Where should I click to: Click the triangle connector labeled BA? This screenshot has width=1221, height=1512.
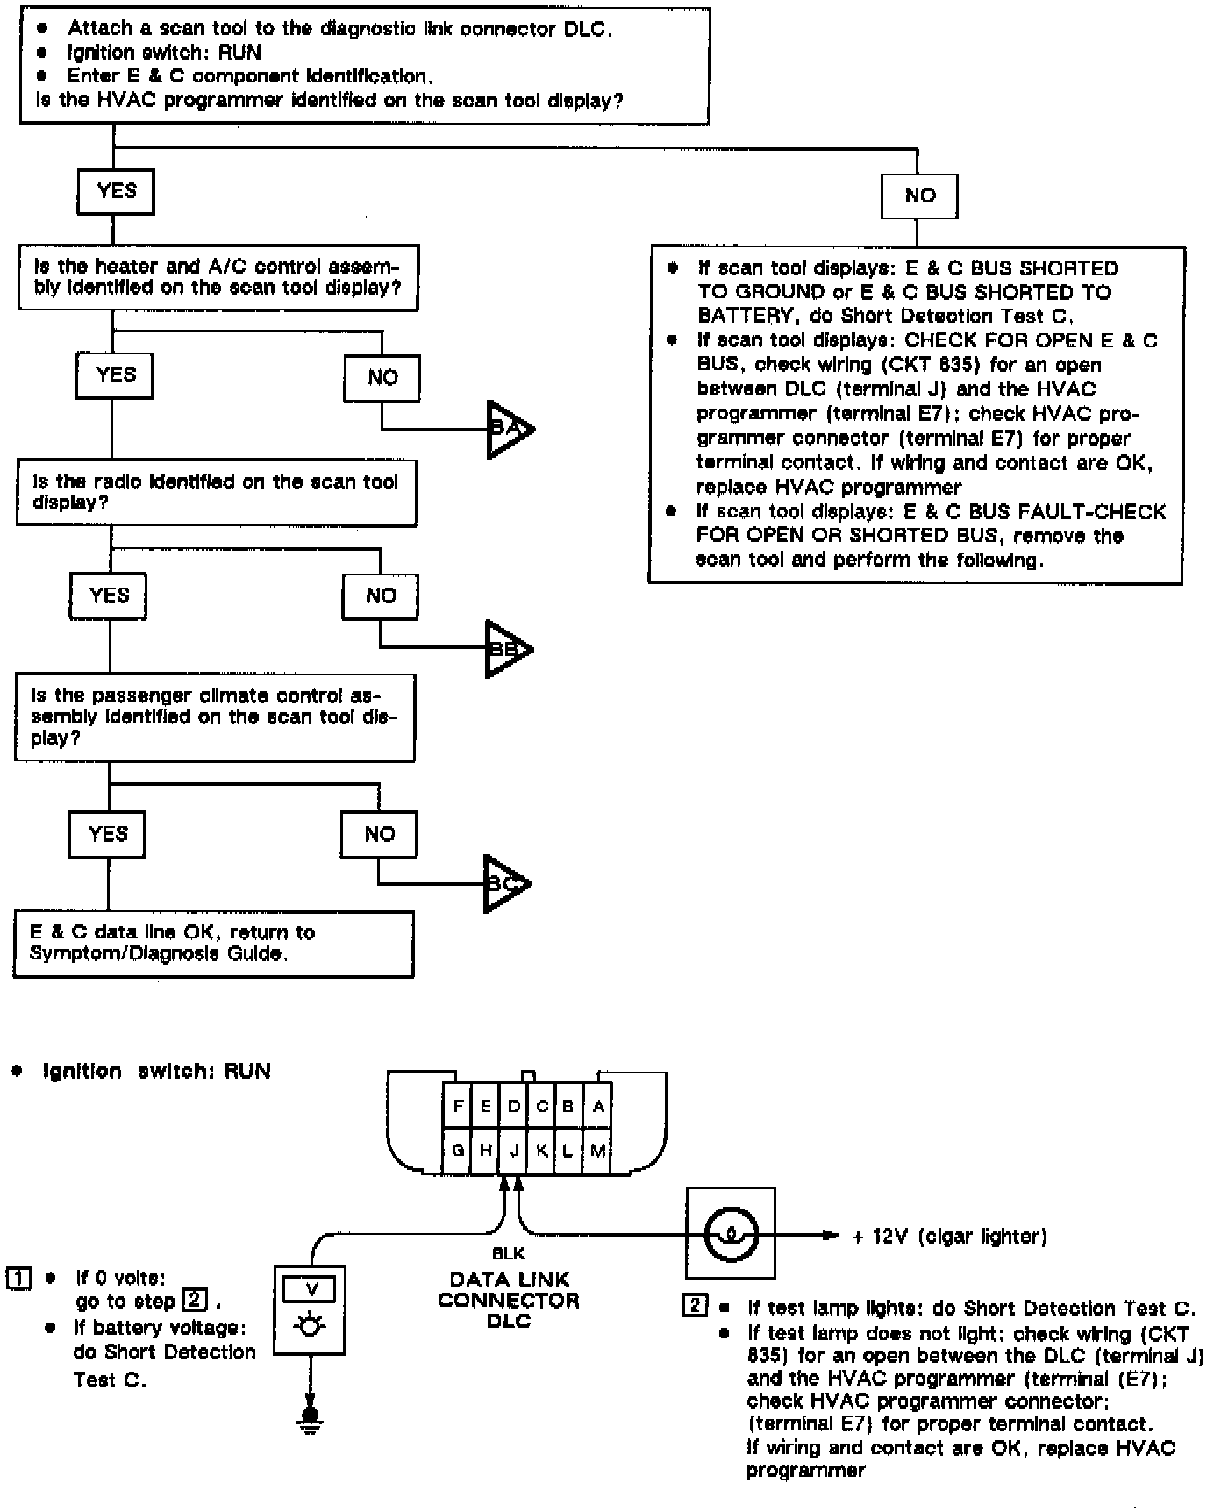click(x=508, y=429)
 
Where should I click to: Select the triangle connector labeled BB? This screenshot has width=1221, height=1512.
click(x=506, y=649)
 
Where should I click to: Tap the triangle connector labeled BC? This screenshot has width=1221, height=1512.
click(x=504, y=883)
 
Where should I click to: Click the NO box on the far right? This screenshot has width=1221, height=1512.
click(x=919, y=196)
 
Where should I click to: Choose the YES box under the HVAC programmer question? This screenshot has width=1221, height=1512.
click(x=116, y=191)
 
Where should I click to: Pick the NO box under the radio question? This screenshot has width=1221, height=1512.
click(x=380, y=596)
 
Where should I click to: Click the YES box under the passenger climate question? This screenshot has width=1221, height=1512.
click(x=107, y=833)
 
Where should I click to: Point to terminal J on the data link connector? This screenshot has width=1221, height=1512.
click(x=513, y=1150)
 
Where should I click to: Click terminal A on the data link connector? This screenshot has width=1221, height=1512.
click(x=597, y=1107)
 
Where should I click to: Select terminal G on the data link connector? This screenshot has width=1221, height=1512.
click(x=457, y=1150)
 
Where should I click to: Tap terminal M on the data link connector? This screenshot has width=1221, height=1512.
click(x=597, y=1150)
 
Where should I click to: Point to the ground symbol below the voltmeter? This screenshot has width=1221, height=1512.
click(x=309, y=1414)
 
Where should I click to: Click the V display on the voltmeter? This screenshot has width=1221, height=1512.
click(x=310, y=1289)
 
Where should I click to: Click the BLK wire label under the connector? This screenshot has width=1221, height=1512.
click(x=509, y=1254)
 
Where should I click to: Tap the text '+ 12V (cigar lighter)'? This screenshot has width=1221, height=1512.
click(x=950, y=1237)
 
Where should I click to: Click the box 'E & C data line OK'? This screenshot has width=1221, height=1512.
click(x=213, y=944)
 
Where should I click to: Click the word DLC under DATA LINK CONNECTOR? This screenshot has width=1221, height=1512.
click(x=509, y=1321)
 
